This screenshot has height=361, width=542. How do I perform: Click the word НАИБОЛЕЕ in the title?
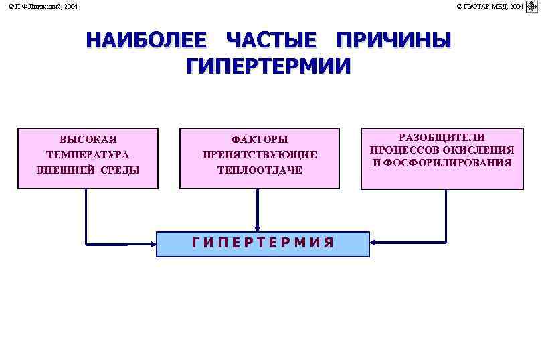(x=146, y=41)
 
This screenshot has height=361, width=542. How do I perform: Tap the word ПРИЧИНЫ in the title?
(x=393, y=41)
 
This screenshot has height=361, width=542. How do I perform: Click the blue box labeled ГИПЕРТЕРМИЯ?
(x=262, y=244)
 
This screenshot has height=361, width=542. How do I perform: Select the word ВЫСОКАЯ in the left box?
(x=88, y=140)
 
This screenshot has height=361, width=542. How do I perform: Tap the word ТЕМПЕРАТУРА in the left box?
(x=88, y=154)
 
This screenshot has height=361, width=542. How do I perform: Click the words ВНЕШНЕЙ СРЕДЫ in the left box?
(x=88, y=170)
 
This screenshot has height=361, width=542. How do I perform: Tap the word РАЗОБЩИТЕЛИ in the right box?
(x=442, y=137)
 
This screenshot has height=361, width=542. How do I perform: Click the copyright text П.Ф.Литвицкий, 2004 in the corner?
(x=43, y=6)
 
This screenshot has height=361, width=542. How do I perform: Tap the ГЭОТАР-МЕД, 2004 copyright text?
(x=490, y=6)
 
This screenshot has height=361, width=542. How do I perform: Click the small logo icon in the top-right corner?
(x=533, y=7)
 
